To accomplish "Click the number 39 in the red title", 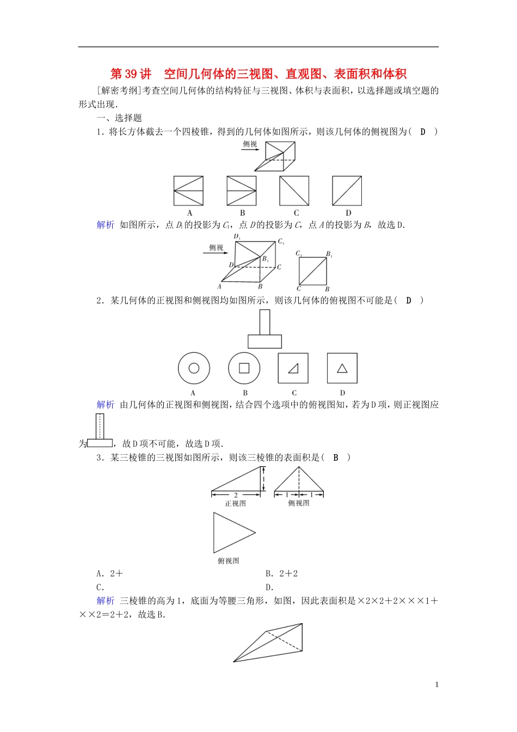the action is (x=132, y=74).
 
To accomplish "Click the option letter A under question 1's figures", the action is (x=189, y=213).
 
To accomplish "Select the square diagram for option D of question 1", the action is (x=347, y=191).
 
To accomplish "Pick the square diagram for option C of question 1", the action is (x=294, y=191).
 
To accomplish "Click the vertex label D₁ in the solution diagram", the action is (x=237, y=237).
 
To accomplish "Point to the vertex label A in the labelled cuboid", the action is (x=219, y=286).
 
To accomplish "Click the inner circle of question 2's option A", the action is (x=194, y=368).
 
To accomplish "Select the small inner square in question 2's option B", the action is (x=244, y=368).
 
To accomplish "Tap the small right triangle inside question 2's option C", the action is (x=294, y=369).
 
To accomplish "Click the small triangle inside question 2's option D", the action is (x=342, y=369).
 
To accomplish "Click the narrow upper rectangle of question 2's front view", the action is (x=264, y=322).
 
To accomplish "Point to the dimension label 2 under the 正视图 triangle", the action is (x=236, y=495).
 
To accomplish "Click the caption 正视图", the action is (x=236, y=504).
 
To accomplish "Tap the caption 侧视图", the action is (x=299, y=504).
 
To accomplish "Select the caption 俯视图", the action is (x=229, y=561).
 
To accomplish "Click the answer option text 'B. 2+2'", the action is (x=281, y=574).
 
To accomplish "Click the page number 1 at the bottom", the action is (x=436, y=685).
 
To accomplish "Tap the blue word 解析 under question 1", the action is (x=106, y=225).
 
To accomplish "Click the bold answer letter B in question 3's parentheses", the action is (x=336, y=457).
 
